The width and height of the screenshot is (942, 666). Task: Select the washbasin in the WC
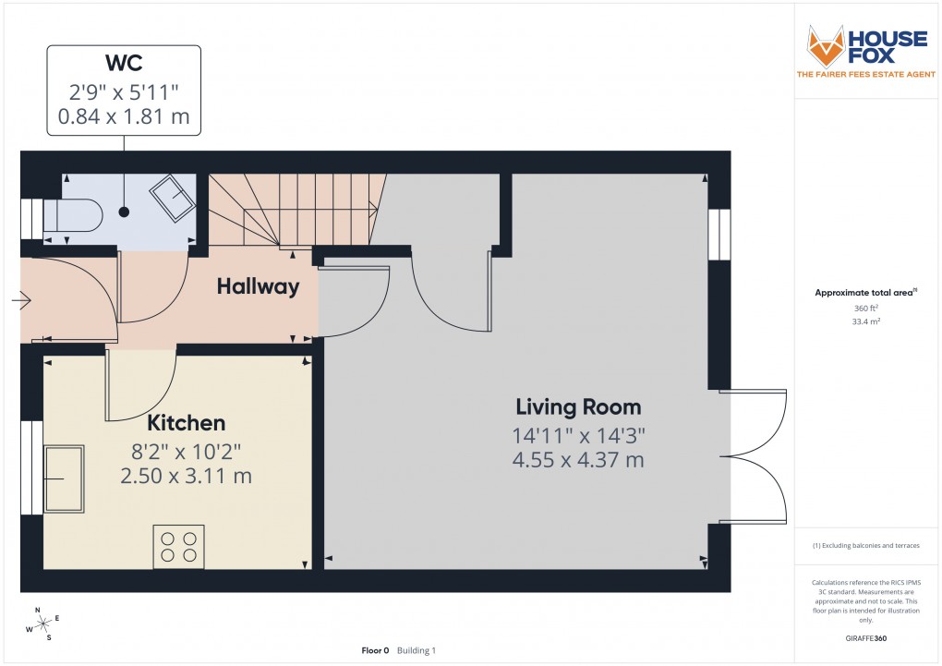coord(173,196)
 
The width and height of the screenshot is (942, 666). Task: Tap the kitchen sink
coord(64,478)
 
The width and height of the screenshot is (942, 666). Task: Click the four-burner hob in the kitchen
coord(178,546)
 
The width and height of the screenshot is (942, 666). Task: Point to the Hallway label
coord(258,286)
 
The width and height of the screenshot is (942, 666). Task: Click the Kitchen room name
coord(187,423)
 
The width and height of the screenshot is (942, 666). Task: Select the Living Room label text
coord(578,406)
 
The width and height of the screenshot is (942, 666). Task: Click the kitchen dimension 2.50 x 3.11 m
coord(187,477)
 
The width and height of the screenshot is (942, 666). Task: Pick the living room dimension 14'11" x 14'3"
coord(578,435)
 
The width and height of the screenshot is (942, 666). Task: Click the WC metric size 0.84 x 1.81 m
coord(124,118)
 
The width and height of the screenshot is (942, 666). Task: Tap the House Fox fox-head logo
coord(826,45)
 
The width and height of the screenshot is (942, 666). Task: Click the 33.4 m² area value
coord(865,322)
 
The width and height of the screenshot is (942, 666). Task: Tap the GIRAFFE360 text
coord(865,638)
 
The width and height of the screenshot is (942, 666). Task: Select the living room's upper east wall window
coord(719,235)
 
